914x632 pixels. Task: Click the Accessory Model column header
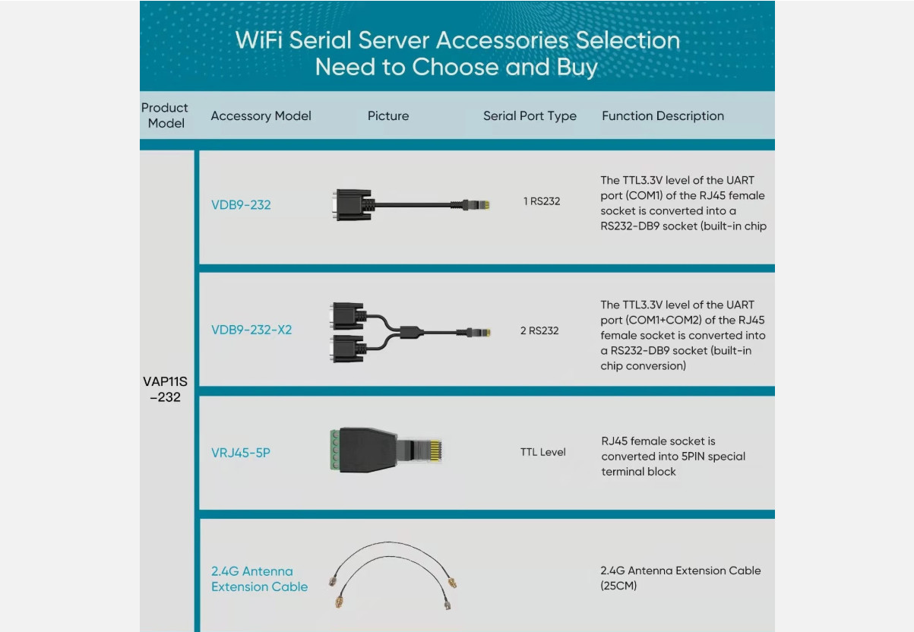coord(261,116)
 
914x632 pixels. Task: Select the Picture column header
coord(388,116)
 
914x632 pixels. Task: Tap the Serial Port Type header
coord(530,116)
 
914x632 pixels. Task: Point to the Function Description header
coord(663,116)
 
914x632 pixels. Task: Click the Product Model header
coord(165,115)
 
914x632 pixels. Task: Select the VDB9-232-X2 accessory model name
coord(251,330)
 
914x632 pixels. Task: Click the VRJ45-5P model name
coord(241,453)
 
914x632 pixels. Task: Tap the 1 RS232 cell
coord(542,201)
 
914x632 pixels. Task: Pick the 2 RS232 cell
coord(539,330)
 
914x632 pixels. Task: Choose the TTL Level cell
coord(542,452)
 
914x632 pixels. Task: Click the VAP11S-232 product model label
coord(165,389)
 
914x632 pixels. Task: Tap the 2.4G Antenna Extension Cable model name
coord(259,579)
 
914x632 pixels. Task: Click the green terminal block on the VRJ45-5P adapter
coord(334,450)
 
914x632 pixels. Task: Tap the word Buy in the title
coord(577,67)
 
